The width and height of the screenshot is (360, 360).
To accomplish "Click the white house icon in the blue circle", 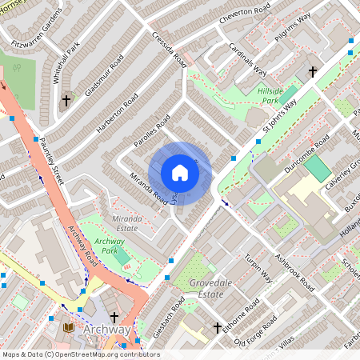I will click(180, 173).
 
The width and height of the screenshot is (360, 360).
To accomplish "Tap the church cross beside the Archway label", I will click(114, 318).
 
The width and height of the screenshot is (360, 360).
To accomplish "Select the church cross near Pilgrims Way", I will click(312, 72).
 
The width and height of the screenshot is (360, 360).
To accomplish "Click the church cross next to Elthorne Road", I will click(217, 328).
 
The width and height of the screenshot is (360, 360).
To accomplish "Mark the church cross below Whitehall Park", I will click(66, 101).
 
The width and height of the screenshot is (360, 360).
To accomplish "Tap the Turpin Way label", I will click(259, 270).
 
